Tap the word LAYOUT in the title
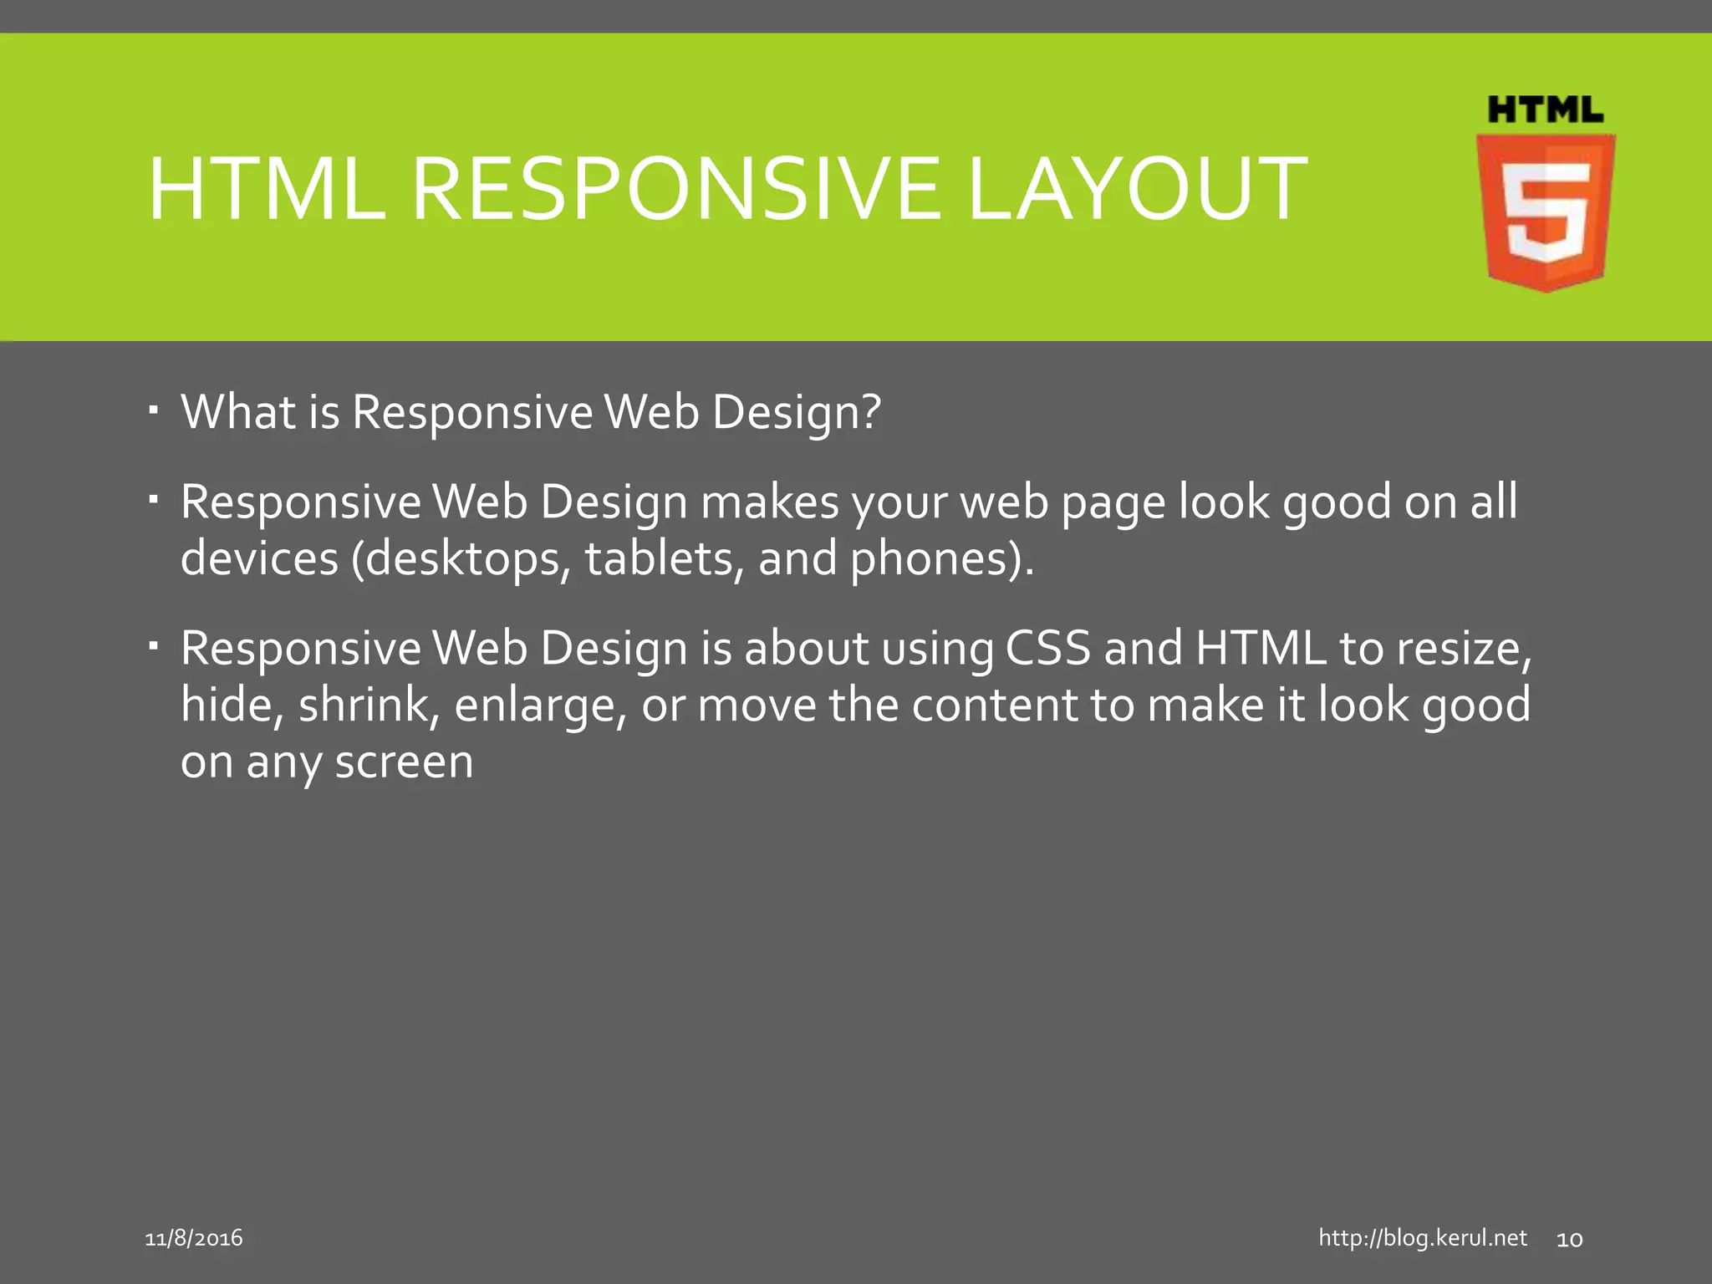pyautogui.click(x=1137, y=190)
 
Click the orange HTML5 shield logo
pyautogui.click(x=1546, y=213)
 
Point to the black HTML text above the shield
pyautogui.click(x=1546, y=110)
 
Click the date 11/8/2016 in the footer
pyautogui.click(x=194, y=1238)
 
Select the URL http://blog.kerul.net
pyautogui.click(x=1422, y=1238)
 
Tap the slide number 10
pyautogui.click(x=1569, y=1240)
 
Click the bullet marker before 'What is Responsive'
pyautogui.click(x=153, y=410)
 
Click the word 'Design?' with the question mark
pyautogui.click(x=797, y=414)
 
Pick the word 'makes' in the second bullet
pyautogui.click(x=770, y=502)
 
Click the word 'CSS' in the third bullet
pyautogui.click(x=1048, y=649)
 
